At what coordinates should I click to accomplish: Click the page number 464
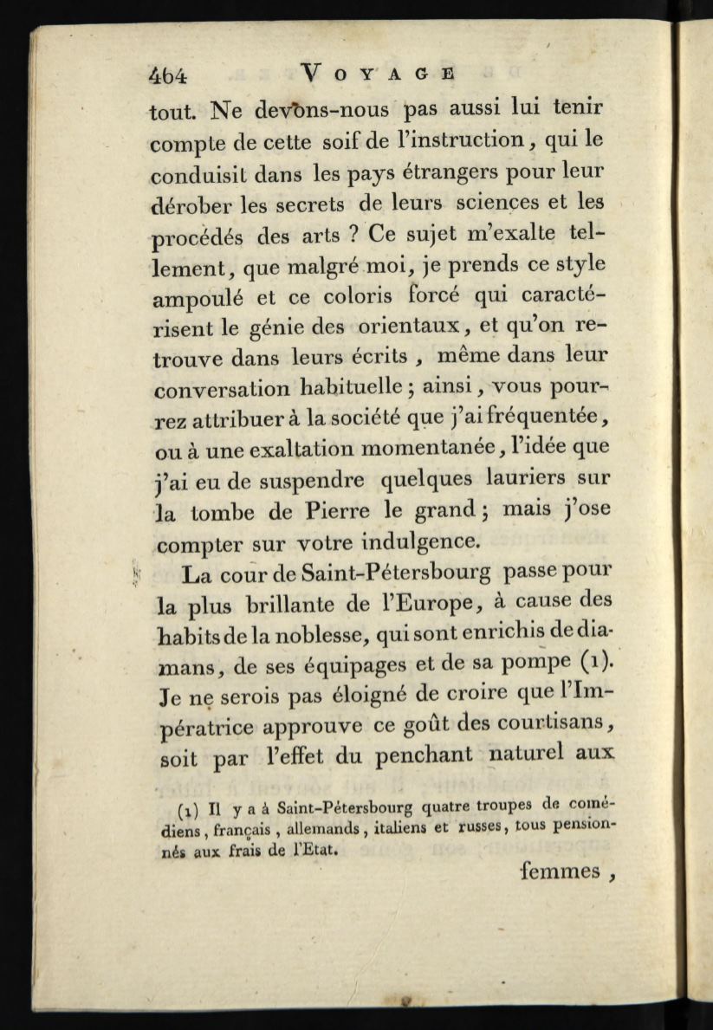click(x=167, y=75)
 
